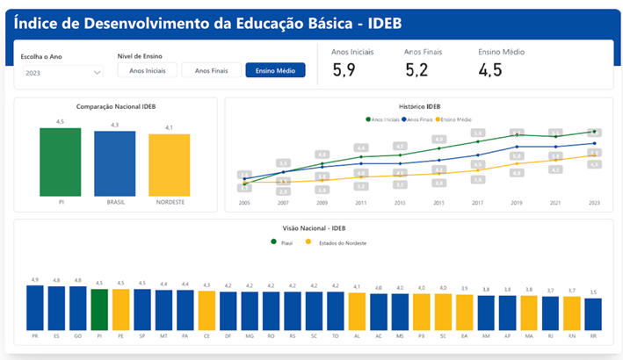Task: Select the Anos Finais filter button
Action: click(212, 70)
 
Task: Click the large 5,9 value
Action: click(344, 69)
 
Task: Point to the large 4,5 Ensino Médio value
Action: click(490, 69)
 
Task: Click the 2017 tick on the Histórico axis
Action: click(478, 203)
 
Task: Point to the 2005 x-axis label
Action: click(244, 203)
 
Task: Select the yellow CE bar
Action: click(206, 308)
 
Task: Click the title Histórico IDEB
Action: click(417, 106)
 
